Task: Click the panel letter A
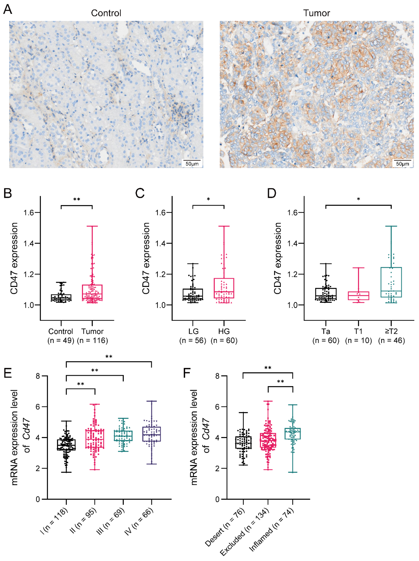tap(8, 10)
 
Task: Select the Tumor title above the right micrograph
tap(316, 13)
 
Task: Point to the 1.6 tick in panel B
tap(29, 212)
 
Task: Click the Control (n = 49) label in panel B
tap(61, 336)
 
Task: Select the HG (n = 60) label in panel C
tap(224, 336)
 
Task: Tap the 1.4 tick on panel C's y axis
tap(160, 243)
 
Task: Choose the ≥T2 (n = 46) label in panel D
tap(391, 336)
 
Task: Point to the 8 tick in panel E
tap(38, 376)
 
